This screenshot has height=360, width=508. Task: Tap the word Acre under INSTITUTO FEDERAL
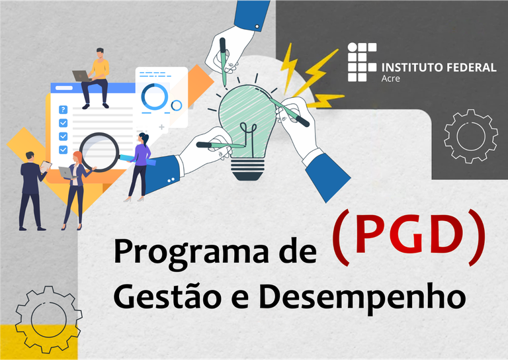click(x=390, y=79)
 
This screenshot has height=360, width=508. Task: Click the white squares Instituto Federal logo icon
click(x=362, y=62)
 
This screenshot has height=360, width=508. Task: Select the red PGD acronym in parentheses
click(x=409, y=237)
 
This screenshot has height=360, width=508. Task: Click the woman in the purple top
click(x=140, y=165)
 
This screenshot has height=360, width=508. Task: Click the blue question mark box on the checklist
click(x=63, y=110)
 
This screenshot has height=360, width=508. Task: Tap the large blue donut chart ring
click(x=154, y=97)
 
